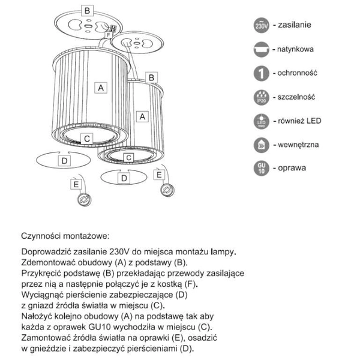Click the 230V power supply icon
click(262, 26)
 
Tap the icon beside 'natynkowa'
click(262, 50)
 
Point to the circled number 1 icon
click(262, 73)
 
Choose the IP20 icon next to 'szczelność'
click(262, 97)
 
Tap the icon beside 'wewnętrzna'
click(262, 145)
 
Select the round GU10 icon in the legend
click(262, 168)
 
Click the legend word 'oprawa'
click(292, 168)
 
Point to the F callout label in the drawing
click(107, 35)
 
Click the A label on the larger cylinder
click(101, 88)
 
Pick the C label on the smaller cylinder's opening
click(128, 157)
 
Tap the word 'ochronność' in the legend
click(302, 73)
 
